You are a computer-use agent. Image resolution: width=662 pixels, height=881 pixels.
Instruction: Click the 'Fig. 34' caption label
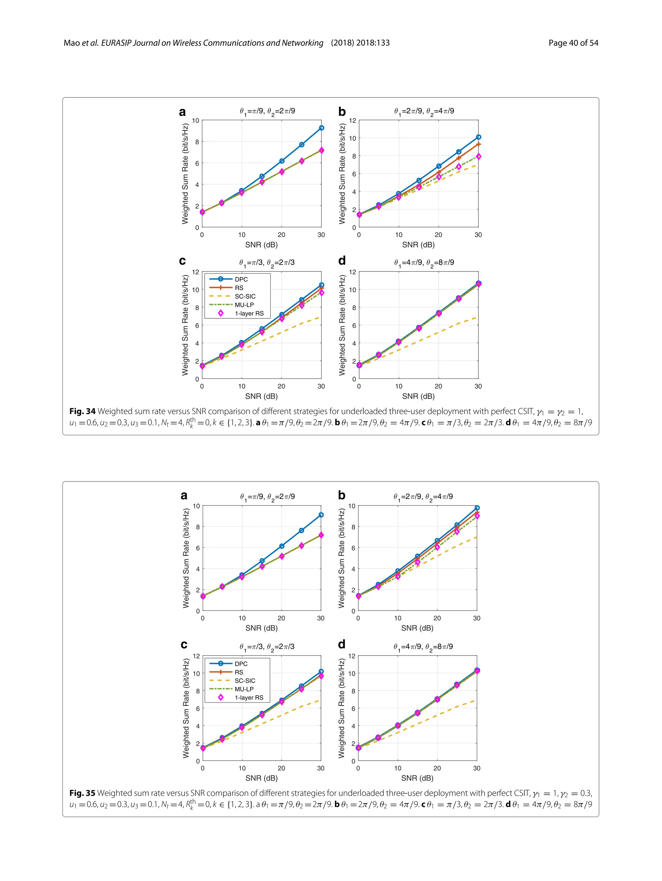(82, 411)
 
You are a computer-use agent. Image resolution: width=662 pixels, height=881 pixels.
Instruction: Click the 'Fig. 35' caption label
(82, 793)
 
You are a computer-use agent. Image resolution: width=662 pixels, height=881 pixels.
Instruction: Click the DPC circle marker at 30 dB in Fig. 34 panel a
(321, 128)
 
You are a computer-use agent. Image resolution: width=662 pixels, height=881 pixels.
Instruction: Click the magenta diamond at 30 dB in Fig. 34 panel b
(478, 157)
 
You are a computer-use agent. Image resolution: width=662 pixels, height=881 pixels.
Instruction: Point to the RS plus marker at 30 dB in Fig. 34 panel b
(478, 144)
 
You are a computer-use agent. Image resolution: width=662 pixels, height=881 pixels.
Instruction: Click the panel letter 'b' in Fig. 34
(342, 112)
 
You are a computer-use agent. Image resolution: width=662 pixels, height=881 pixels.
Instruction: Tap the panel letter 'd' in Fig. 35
(342, 644)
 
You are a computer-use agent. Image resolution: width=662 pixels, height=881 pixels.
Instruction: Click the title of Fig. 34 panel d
(424, 263)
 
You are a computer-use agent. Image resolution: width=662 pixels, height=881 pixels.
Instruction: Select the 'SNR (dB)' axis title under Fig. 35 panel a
(262, 628)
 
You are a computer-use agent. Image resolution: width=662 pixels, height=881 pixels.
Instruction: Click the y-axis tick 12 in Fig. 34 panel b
(352, 120)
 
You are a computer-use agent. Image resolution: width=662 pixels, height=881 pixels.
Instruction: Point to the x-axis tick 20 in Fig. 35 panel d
(437, 768)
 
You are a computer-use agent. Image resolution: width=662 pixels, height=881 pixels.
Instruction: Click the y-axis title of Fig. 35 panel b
(342, 558)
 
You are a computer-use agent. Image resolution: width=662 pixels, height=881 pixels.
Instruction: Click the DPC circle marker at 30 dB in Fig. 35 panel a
(321, 515)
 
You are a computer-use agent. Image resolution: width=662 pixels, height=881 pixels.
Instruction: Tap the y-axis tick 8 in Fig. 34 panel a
(197, 142)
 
